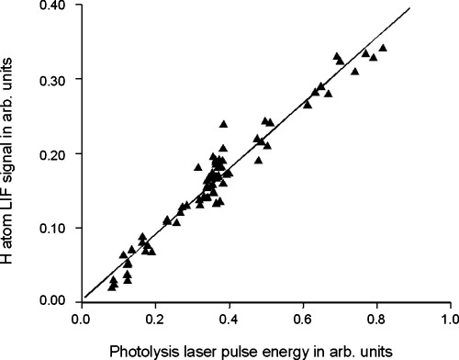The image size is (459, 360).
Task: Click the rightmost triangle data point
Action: [383, 47]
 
